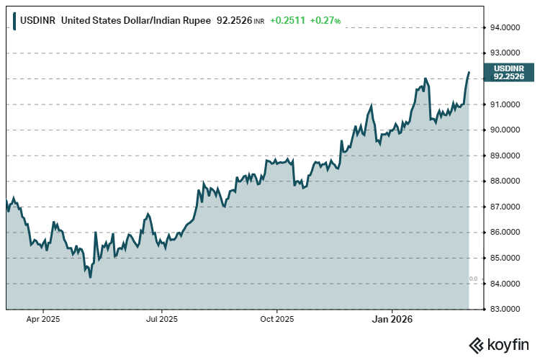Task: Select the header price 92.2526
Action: (234, 21)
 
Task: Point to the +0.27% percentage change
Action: (325, 21)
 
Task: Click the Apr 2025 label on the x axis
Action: (42, 318)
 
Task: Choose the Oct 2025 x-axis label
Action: (276, 318)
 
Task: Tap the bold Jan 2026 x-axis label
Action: (392, 318)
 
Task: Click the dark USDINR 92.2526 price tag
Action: (508, 71)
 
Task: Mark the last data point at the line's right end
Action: (469, 72)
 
